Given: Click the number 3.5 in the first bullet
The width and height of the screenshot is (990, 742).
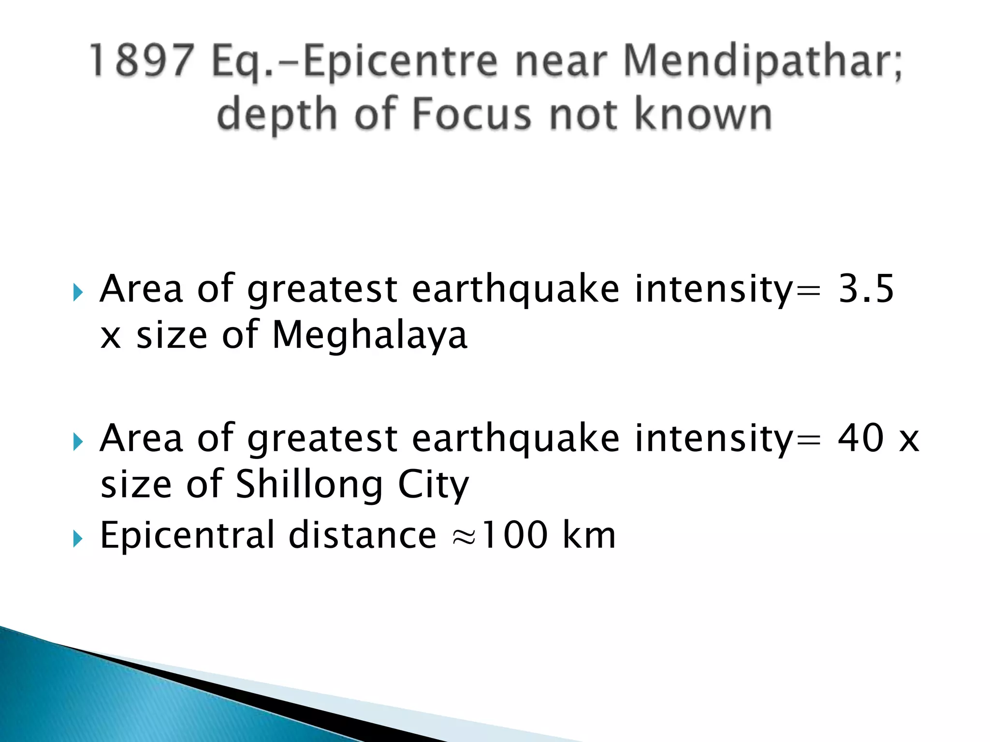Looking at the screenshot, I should (866, 288).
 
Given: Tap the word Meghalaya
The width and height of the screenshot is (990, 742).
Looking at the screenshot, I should (370, 336).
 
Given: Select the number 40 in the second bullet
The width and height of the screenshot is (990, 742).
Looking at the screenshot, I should (861, 438).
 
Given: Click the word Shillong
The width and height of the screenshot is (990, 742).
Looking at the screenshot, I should (309, 485).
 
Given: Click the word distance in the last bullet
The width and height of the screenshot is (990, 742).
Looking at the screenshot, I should (363, 535).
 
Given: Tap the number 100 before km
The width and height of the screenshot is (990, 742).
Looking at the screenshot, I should (515, 535).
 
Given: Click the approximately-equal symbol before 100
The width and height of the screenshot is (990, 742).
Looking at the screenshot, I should (464, 537).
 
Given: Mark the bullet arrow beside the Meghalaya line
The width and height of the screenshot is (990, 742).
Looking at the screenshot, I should (78, 292).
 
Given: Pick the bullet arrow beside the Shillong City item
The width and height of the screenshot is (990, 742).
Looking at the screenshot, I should (78, 442).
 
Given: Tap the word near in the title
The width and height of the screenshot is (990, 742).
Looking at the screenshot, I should (561, 62).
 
